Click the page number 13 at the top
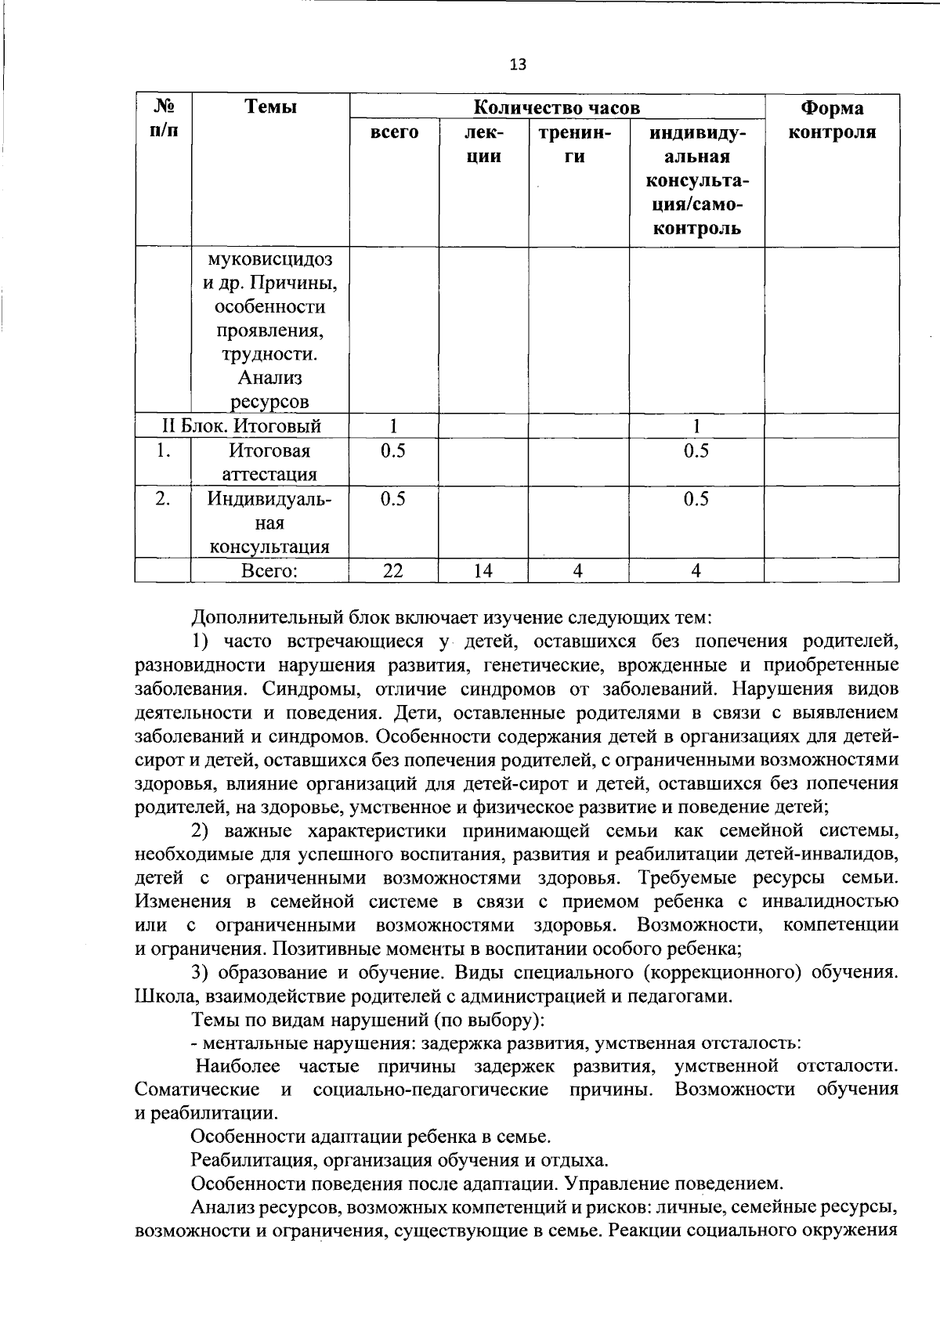tap(518, 65)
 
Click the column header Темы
tap(270, 107)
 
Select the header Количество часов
tap(557, 107)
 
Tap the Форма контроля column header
tap(831, 120)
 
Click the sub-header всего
tap(393, 132)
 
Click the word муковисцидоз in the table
tap(270, 258)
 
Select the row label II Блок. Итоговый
tap(241, 426)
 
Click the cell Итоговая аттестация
tap(270, 462)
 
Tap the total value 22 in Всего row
tap(393, 571)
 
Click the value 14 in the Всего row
tap(483, 571)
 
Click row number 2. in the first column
tap(162, 499)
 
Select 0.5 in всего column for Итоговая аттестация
tap(393, 451)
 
